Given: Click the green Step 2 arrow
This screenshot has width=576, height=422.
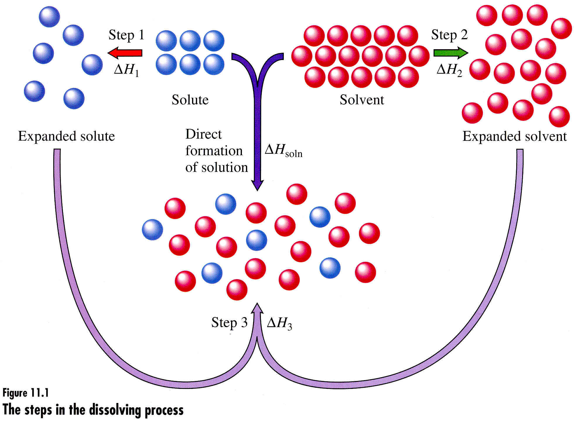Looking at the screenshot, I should click(x=450, y=53).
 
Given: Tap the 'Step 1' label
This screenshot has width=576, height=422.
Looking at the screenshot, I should click(x=127, y=35).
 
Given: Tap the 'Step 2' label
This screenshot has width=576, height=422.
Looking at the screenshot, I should click(x=449, y=35).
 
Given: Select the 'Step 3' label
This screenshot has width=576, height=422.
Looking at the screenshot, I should click(x=229, y=323).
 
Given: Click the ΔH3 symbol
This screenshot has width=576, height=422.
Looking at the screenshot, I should click(x=279, y=323).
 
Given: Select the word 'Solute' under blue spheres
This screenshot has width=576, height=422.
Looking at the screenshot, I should click(x=190, y=100).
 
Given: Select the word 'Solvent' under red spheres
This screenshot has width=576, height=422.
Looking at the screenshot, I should click(x=362, y=100).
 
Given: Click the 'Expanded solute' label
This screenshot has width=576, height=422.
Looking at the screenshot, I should click(x=66, y=136).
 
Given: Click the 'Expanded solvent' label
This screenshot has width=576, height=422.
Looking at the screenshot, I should click(x=515, y=136).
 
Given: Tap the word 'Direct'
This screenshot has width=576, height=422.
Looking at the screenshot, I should click(x=204, y=134).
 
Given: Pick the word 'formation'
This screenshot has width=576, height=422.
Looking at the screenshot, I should click(x=214, y=151).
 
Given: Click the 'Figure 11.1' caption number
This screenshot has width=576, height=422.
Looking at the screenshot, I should click(x=25, y=393).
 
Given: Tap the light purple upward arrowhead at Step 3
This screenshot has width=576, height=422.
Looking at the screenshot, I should click(x=257, y=309).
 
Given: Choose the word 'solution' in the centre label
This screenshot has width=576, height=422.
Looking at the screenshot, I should click(x=225, y=168).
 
